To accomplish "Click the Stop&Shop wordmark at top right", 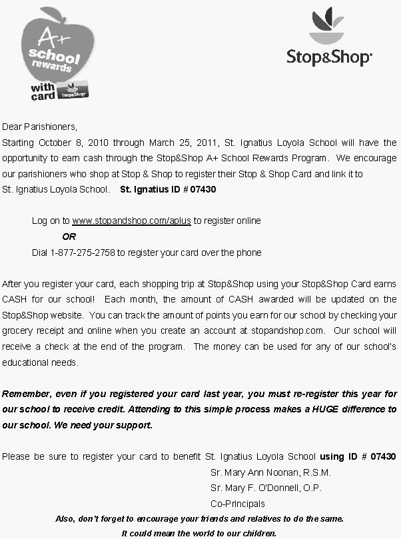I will tap(328, 57).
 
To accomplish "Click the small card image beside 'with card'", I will tap(74, 92).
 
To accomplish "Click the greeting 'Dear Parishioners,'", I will tap(40, 126).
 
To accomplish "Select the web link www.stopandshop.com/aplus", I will tap(131, 221).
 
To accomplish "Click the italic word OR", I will tap(69, 237).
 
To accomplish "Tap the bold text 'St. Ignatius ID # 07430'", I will tap(168, 189).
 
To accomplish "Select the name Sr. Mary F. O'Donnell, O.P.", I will tap(266, 488).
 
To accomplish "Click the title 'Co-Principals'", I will tap(237, 504).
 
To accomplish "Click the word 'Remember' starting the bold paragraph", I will tap(24, 393).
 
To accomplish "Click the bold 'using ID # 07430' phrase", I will tap(358, 456).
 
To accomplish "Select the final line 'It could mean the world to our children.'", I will tap(199, 533).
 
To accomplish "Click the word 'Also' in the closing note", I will tap(65, 518).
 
